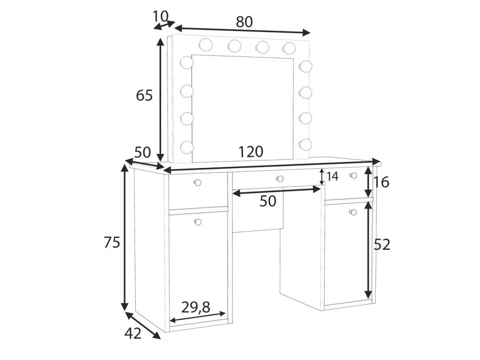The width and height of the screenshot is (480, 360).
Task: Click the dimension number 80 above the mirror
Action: click(244, 22)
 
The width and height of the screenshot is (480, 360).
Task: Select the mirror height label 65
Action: click(144, 96)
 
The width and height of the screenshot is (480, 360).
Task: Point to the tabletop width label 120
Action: click(250, 152)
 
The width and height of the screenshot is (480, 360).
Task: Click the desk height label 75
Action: click(111, 243)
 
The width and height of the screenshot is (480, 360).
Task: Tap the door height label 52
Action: click(382, 245)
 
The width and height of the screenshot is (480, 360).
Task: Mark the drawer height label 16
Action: click(381, 182)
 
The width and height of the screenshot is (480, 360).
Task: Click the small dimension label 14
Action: click(332, 176)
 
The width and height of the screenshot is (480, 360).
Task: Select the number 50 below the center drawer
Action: click(268, 201)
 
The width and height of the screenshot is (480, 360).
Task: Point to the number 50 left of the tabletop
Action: click(143, 152)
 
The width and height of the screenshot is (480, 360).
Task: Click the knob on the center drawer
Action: click(279, 179)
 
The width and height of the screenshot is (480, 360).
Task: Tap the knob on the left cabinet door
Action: click(197, 222)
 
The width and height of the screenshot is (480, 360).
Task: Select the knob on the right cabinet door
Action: click(352, 212)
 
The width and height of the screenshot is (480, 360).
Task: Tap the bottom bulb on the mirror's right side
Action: click(305, 144)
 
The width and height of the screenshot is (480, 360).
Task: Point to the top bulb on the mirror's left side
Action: click(186, 63)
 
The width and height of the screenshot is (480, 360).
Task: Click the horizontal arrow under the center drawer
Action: click(276, 192)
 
